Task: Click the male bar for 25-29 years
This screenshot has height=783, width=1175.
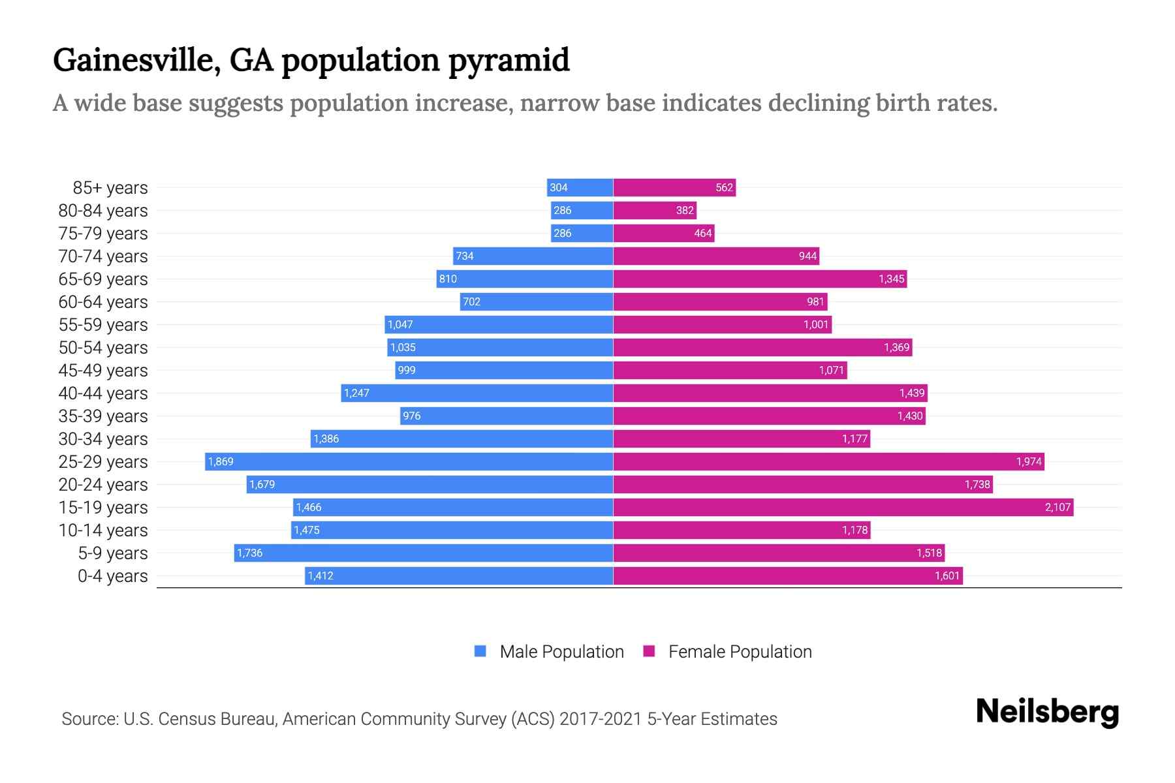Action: [409, 461]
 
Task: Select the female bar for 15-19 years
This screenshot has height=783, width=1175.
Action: [842, 507]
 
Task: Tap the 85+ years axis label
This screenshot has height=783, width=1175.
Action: [110, 188]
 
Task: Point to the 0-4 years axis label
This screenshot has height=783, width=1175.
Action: [113, 576]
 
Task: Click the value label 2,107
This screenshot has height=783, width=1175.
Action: [1057, 507]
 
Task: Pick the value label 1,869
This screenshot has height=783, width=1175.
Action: [221, 461]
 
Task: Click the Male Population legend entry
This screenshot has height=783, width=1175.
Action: [561, 652]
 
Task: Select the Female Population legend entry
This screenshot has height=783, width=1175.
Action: [740, 652]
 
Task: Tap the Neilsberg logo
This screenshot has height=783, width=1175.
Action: [1047, 712]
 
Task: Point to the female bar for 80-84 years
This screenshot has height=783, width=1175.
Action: [655, 210]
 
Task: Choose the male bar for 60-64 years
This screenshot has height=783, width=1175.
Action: [537, 301]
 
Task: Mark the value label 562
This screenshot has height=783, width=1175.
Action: [724, 187]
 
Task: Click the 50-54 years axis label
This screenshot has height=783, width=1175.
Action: [103, 348]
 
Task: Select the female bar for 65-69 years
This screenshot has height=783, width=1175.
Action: [760, 279]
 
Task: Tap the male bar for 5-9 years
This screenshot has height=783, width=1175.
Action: [424, 553]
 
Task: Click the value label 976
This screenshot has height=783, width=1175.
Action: [411, 416]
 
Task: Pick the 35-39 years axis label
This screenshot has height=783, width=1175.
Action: [103, 416]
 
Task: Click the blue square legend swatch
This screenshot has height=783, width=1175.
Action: [480, 651]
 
